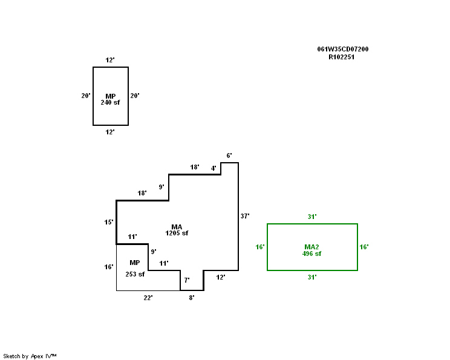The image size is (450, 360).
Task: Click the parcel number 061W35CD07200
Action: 343,49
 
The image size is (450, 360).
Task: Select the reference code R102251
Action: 341,57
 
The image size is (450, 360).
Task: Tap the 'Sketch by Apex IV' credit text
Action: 30,356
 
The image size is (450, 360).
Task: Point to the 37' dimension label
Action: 245,215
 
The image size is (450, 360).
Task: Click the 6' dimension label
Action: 229,155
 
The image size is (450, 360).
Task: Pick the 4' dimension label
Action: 214,168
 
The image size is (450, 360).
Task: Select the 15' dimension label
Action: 109,222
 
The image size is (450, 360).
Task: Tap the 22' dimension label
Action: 148,298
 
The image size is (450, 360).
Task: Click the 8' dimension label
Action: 192,298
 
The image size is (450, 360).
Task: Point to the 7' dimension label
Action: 187,280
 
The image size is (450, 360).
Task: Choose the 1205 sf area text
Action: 177,233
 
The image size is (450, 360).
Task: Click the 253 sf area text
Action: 135,274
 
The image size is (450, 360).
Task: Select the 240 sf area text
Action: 110,102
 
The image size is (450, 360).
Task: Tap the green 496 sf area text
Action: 311,254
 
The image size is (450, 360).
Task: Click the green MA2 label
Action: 311,247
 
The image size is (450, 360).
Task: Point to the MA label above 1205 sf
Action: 177,226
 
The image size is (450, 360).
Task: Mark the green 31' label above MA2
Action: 312,216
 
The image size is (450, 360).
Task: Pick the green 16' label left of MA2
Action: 260,247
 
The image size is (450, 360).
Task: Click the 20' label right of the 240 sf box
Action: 135,96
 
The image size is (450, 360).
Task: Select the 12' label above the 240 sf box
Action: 110,60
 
